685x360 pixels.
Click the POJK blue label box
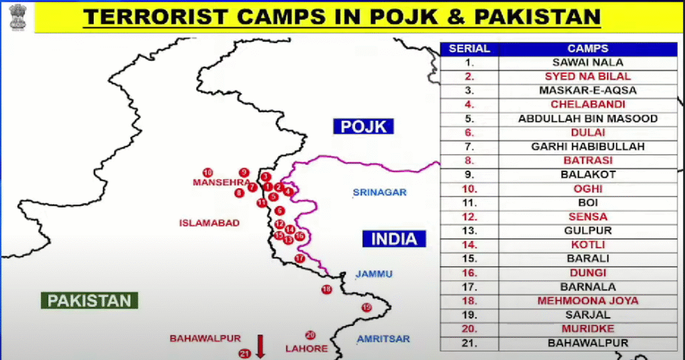point(364,126)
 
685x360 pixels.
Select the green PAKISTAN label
point(89,300)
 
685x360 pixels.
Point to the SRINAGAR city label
point(380,193)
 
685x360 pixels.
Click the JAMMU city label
point(374,274)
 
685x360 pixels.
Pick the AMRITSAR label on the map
point(383,339)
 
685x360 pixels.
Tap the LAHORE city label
point(306,348)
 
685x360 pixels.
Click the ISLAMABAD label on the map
point(209,223)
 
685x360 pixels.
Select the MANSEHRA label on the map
point(221,182)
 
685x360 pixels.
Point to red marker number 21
point(245,353)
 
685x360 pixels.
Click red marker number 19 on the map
point(367,307)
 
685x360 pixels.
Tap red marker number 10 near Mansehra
point(207,172)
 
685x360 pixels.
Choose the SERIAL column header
point(469,49)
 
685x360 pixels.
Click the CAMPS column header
point(587,49)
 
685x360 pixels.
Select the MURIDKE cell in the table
point(587,329)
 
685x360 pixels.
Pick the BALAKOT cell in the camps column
point(587,174)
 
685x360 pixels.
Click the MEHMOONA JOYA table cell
point(587,300)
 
